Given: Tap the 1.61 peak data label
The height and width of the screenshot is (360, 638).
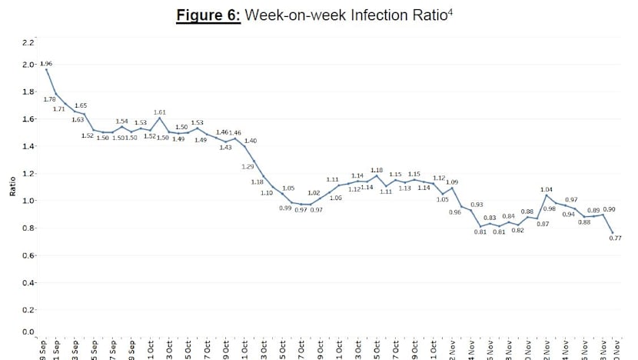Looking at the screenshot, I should tap(160, 112).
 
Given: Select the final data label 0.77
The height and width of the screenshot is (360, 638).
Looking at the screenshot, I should tap(615, 238).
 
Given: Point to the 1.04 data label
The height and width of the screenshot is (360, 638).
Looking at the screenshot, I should tap(547, 189).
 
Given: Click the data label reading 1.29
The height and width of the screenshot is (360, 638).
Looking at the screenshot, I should tap(248, 166).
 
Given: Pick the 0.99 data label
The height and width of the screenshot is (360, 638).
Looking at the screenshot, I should tap(285, 208).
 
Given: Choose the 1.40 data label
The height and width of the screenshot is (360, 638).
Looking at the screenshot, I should tap(251, 141).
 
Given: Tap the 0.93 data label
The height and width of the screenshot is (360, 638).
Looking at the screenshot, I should tap(477, 205).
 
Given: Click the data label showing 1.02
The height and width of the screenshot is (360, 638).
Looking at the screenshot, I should tap(314, 193).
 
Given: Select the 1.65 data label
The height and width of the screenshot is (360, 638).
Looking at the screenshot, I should tap(81, 105).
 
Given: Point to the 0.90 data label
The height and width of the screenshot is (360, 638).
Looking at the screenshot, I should tap(609, 209).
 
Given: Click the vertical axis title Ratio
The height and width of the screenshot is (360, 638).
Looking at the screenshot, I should tap(12, 187).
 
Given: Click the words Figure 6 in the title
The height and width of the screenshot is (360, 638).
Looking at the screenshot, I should tap(208, 16).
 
